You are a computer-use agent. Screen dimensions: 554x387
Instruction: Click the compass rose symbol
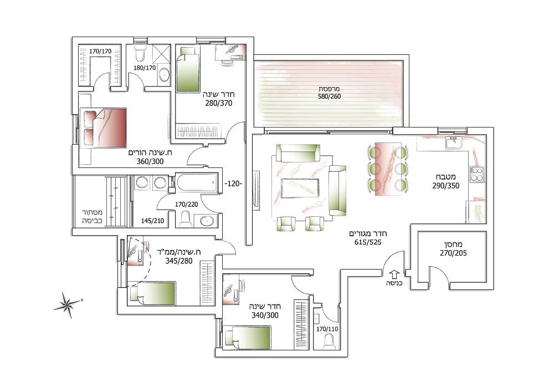(67, 304)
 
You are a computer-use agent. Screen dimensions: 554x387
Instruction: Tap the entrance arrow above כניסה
(394, 274)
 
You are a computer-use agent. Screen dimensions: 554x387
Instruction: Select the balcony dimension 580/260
(329, 96)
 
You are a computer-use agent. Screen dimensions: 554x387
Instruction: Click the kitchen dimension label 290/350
(446, 186)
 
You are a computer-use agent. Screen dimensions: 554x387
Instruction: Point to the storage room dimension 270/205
(453, 253)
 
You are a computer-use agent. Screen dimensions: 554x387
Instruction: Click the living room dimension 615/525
(368, 242)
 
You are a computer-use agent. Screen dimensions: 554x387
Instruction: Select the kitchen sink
(453, 143)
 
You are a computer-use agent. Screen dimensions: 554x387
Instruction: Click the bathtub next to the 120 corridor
(196, 182)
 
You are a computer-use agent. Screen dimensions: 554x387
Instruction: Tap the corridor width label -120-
(234, 184)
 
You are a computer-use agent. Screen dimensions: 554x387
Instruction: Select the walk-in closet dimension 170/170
(100, 52)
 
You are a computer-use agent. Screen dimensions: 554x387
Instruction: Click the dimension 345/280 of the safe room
(179, 261)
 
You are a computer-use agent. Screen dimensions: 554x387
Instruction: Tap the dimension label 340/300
(265, 315)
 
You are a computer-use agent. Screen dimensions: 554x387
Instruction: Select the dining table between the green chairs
(388, 169)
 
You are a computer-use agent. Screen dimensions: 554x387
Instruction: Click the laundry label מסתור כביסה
(92, 216)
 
